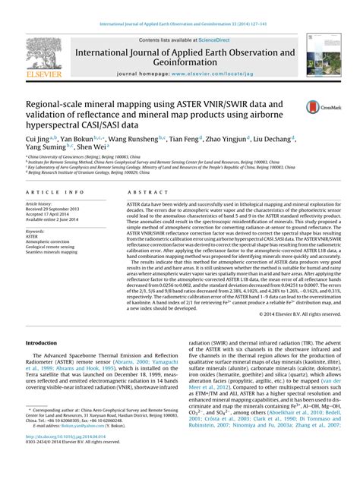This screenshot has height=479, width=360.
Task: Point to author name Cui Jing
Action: point(36,140)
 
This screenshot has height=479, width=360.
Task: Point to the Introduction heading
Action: point(46,342)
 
